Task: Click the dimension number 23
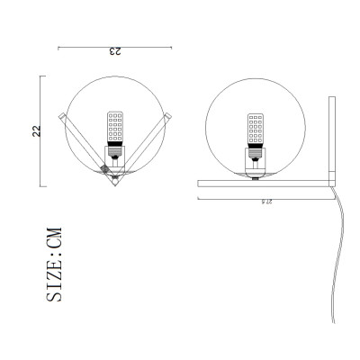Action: point(114,53)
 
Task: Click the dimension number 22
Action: point(37,131)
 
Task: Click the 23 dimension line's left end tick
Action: point(58,47)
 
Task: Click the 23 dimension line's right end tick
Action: point(172,47)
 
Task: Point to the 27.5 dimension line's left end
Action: point(199,198)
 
